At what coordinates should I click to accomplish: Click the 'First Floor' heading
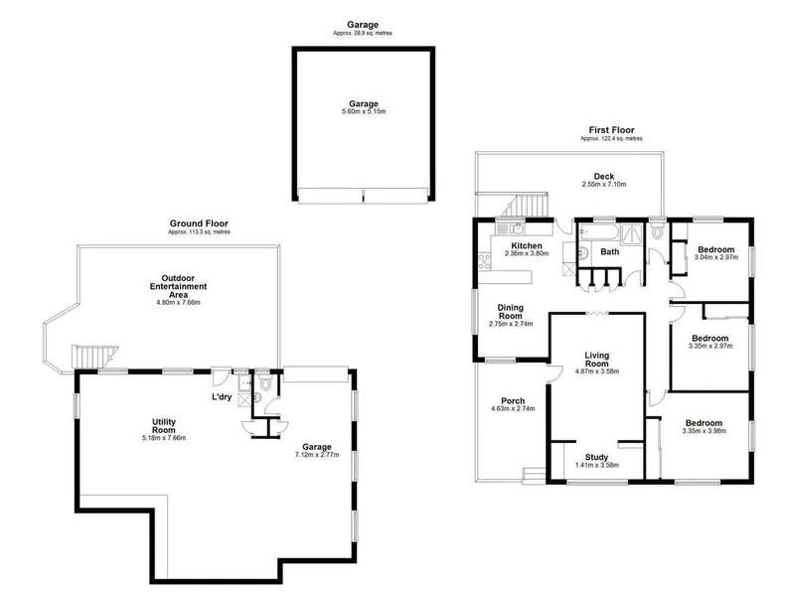pos(611,130)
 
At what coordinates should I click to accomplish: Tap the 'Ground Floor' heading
pos(199,223)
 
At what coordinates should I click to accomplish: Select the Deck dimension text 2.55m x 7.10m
pos(604,185)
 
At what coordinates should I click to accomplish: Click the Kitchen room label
pos(527,245)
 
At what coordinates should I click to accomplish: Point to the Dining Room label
pos(511,312)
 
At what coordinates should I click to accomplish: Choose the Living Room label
pos(597,360)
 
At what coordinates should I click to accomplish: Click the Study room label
pos(597,457)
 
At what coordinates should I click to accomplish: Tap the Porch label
pos(513,401)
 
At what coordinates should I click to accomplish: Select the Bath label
pos(610,251)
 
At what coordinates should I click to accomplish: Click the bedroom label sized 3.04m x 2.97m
pos(715,249)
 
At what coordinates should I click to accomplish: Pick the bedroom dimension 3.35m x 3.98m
pos(705,431)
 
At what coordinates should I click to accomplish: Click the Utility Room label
pos(164,426)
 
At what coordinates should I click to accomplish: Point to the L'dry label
pos(222,396)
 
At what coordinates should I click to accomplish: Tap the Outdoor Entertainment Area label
pos(178,286)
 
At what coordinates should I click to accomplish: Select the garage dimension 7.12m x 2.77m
pos(317,455)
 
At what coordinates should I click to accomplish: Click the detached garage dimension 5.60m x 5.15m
pos(364,111)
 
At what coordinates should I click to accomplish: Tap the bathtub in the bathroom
pos(598,233)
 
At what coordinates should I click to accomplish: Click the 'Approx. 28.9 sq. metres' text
pos(363,34)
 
